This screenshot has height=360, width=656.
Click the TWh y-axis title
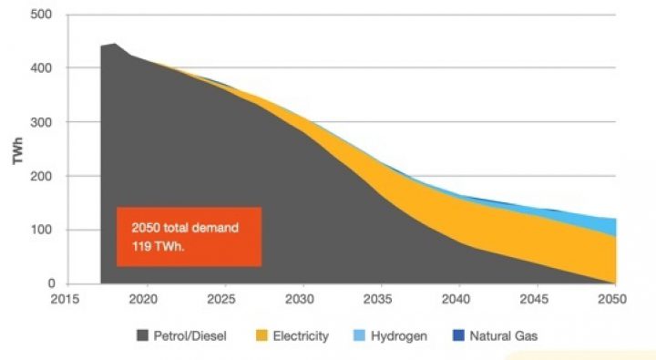coord(17,149)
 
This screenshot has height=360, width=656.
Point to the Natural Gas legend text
coord(503,335)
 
